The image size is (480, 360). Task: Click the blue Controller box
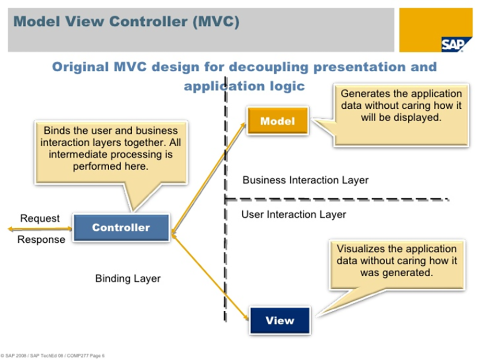click(121, 228)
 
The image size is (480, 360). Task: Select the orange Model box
click(277, 121)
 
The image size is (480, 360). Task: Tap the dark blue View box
click(280, 321)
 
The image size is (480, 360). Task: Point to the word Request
click(40, 218)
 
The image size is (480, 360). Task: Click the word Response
click(41, 240)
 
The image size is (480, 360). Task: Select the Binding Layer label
click(128, 278)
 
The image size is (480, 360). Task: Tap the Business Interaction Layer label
click(306, 180)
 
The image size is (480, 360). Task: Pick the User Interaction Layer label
click(294, 215)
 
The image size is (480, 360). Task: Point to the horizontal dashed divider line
click(337, 200)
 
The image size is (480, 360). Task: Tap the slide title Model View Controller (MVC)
click(126, 22)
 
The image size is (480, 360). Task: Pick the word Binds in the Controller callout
click(56, 131)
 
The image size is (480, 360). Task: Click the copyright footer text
click(52, 356)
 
